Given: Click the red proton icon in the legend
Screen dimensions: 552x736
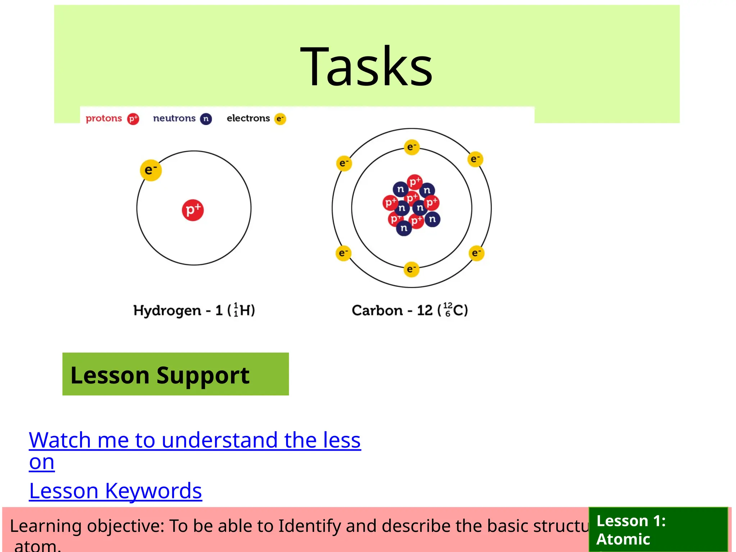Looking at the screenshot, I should coord(133,119).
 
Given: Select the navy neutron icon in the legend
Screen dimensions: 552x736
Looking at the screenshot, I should coord(206,119).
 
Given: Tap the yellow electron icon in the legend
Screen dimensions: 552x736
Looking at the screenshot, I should coord(280,119).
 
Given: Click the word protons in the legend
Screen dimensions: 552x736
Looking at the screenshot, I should coord(104,118).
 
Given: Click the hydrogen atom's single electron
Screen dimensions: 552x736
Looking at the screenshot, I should coord(151,170).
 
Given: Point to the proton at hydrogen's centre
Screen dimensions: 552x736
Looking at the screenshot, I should coord(193,210).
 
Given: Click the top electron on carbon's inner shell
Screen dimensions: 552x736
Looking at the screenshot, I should coord(411,147).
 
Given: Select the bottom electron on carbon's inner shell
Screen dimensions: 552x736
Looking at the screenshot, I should coord(411,269).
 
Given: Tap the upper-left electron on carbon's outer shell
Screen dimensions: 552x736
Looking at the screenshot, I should coord(344,164).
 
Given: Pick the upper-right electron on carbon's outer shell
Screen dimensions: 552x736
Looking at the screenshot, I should coord(475,159).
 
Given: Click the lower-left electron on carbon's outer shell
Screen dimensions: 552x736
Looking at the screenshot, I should coord(343,253).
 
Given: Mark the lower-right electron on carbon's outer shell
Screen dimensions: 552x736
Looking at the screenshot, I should coord(477,253).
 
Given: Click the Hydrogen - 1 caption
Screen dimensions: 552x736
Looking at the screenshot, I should coord(194,310).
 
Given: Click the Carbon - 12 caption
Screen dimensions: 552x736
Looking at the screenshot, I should coord(410,310).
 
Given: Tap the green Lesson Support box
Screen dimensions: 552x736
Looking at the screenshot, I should coord(175,374).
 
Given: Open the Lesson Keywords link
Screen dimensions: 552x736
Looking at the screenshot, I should coord(115,491).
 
